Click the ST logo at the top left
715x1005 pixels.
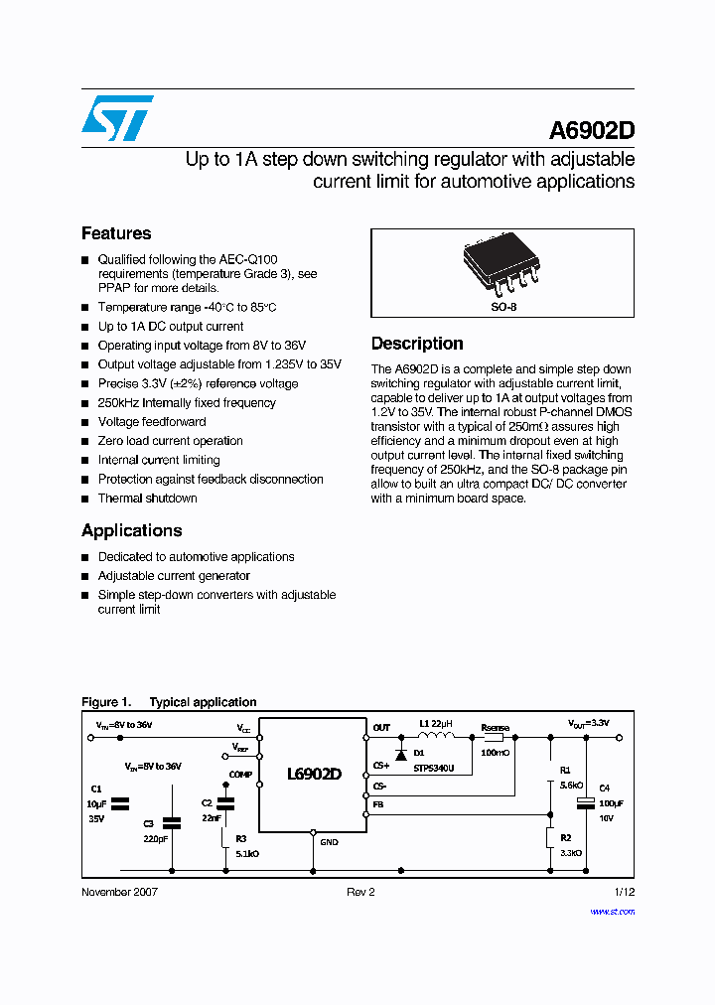tap(117, 118)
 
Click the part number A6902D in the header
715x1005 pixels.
tap(592, 132)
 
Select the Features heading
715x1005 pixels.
tap(116, 233)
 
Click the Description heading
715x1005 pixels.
tap(417, 344)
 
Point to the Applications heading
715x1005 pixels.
tap(132, 530)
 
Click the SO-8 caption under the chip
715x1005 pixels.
tap(503, 308)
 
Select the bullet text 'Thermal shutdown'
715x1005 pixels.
tap(147, 499)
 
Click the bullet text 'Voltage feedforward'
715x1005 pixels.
tap(152, 422)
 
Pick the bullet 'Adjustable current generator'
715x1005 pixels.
tap(174, 576)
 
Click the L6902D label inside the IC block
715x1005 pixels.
tap(314, 774)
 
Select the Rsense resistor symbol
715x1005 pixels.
tap(494, 738)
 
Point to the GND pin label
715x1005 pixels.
tap(329, 842)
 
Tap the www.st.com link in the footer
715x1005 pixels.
tap(612, 911)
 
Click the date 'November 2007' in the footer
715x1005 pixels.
tap(119, 892)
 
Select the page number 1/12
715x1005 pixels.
tap(624, 892)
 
